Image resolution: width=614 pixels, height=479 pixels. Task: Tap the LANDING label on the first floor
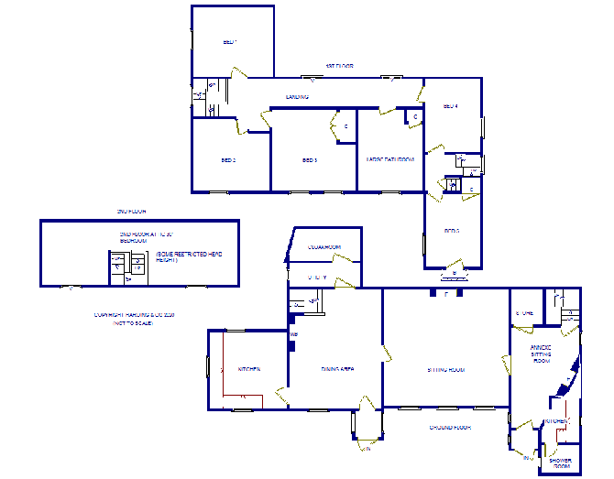click(296, 96)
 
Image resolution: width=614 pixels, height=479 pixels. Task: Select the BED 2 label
click(229, 160)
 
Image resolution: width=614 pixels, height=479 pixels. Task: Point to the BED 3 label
click(309, 160)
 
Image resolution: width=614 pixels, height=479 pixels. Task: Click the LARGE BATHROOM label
click(390, 160)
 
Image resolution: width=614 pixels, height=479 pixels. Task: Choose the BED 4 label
click(450, 106)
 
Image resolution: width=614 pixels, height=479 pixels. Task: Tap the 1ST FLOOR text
click(339, 66)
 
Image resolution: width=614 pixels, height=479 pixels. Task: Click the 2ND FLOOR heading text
click(131, 212)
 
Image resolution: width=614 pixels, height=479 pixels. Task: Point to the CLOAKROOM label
click(324, 247)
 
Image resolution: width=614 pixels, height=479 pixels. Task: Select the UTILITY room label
click(318, 278)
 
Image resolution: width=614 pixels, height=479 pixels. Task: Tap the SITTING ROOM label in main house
click(446, 370)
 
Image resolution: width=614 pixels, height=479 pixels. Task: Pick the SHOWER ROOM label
click(561, 463)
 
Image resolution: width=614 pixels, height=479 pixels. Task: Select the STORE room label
click(524, 313)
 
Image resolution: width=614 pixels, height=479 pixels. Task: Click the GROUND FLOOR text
click(450, 428)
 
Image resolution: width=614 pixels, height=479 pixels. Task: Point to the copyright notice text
click(134, 316)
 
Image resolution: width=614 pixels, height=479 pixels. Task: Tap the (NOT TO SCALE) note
click(134, 324)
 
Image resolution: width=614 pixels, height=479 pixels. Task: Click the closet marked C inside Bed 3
click(345, 126)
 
